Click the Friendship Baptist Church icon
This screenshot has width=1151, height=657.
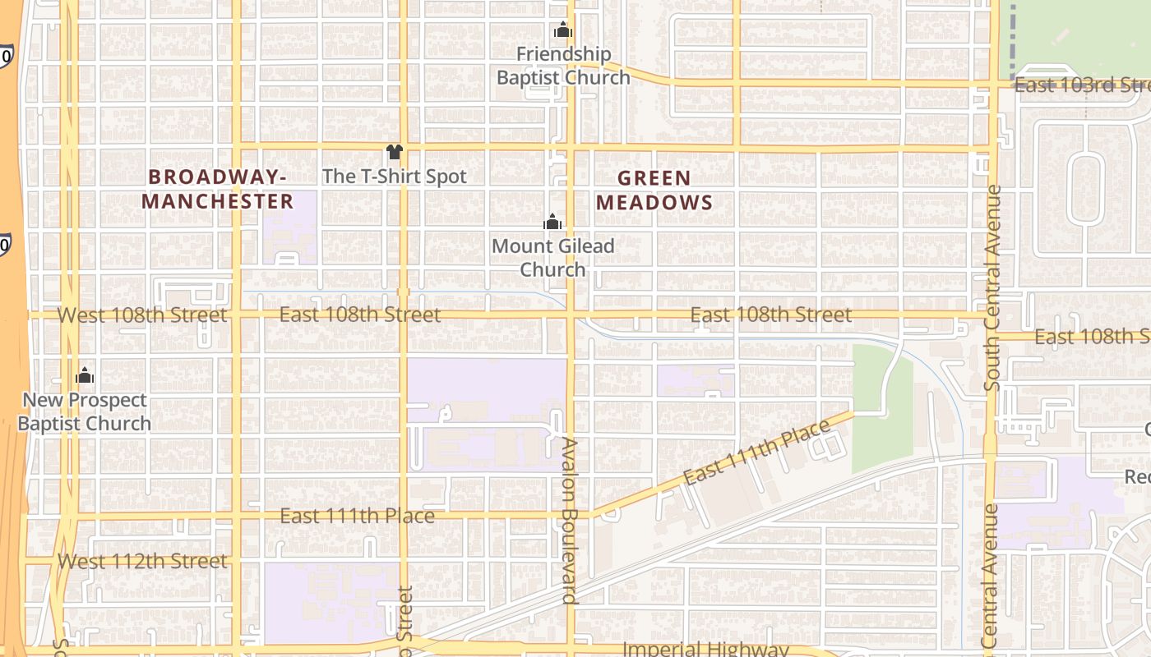point(563,30)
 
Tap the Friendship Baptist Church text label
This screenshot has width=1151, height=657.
point(564,66)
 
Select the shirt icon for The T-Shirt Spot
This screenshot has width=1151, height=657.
point(395,152)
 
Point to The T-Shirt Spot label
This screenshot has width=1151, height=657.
point(395,176)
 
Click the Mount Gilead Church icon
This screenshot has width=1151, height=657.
point(552,222)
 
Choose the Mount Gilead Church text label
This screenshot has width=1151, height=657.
point(553,257)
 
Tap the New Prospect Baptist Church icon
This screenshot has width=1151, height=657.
point(85,376)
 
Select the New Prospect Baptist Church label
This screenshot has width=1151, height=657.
point(85,411)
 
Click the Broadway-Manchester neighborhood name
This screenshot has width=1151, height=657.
point(217,189)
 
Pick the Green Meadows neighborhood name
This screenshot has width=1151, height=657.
point(654,190)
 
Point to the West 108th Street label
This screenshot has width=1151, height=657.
point(142,315)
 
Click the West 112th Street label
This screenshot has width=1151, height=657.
point(142,561)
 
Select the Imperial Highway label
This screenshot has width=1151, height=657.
point(705,649)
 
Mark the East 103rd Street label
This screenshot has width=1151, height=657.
point(1081,85)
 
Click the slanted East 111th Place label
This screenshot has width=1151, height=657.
point(757,453)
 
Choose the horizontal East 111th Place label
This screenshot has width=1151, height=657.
point(357,516)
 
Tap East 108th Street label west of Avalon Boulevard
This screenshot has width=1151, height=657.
point(360,315)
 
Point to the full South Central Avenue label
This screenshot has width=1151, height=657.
point(993,287)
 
